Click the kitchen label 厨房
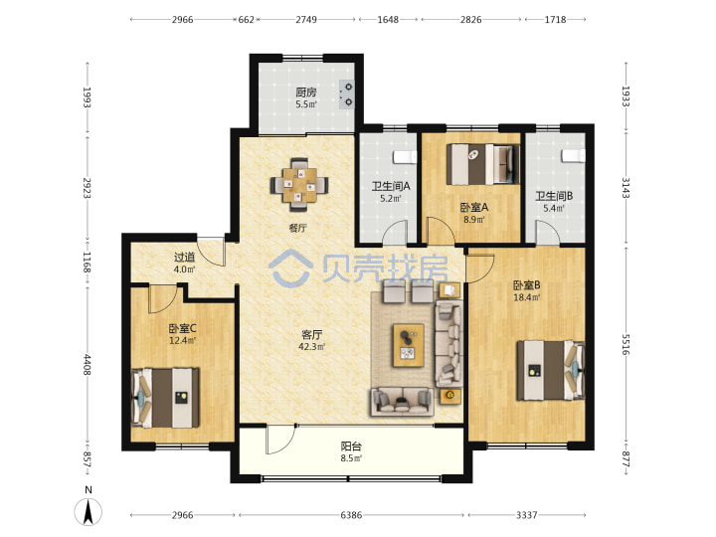click(x=306, y=92)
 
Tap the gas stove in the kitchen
click(x=347, y=94)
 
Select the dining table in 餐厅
click(x=299, y=185)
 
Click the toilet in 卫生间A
click(x=405, y=157)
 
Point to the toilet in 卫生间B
click(x=574, y=156)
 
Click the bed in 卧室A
click(x=483, y=164)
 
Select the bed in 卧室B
click(x=550, y=371)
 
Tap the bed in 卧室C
click(x=165, y=398)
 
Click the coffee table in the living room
click(x=409, y=345)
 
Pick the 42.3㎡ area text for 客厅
click(x=312, y=347)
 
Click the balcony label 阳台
click(x=351, y=447)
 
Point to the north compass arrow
click(x=89, y=511)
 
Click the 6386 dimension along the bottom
click(x=351, y=515)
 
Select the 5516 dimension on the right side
click(x=626, y=344)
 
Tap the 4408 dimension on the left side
click(x=87, y=364)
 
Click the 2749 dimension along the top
click(x=306, y=20)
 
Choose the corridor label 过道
click(x=185, y=258)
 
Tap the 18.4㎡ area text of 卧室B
click(x=527, y=297)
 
